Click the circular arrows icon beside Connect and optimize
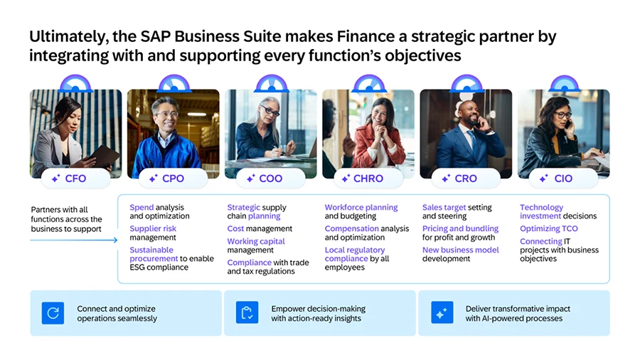coord(53,313)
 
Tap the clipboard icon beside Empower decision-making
coord(247,313)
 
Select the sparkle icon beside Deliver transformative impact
coord(442,313)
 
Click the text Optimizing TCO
coord(548,229)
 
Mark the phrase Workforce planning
coord(361,208)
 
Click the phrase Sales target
coord(444,208)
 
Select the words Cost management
coord(260,229)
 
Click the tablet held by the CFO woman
coord(101,154)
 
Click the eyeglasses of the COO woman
coord(270,112)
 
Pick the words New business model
coord(460,250)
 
